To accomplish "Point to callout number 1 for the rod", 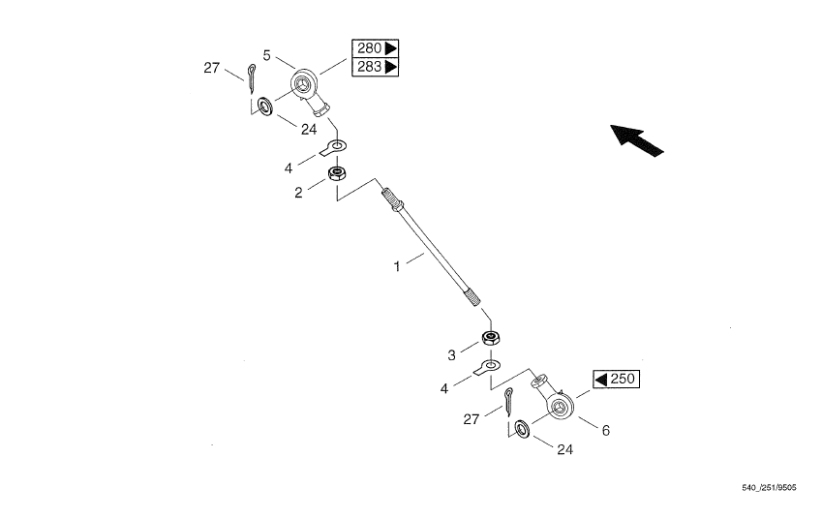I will click(x=396, y=263).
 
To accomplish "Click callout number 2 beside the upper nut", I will click(x=298, y=193).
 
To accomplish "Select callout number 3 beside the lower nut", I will click(x=451, y=355).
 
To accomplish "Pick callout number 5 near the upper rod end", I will click(x=266, y=55).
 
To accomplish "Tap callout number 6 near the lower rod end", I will click(x=606, y=431).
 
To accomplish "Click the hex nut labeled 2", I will click(x=338, y=175).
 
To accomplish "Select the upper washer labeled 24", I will click(x=261, y=105).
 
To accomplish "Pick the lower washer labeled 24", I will click(x=522, y=428).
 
